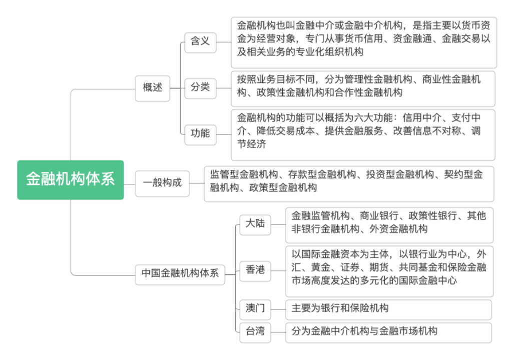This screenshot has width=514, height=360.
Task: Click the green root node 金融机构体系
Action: coord(70,179)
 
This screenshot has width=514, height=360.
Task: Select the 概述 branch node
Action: coord(153,87)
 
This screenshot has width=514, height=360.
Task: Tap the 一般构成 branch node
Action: coord(162,183)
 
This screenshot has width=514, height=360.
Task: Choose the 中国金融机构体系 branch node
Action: coord(180,273)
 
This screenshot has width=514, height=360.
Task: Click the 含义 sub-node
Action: coord(200,41)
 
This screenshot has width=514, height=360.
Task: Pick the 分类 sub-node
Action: coord(200,87)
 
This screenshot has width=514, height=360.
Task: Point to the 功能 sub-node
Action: coord(200,133)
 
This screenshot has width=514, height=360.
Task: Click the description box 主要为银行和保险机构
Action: coord(388,308)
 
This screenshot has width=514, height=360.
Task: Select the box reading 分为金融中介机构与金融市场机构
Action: coord(388,331)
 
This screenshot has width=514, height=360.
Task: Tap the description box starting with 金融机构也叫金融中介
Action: coord(363,42)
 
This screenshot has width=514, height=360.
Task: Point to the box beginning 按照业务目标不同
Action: coord(363,87)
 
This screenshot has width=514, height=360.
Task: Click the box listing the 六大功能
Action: coord(363,134)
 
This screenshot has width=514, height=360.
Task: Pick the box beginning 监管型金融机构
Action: coord(348,183)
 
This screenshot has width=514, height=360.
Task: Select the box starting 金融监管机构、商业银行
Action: coord(389,224)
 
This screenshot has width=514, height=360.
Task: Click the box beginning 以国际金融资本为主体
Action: coord(389,270)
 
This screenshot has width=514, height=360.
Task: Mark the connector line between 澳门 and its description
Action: coord(278,309)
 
